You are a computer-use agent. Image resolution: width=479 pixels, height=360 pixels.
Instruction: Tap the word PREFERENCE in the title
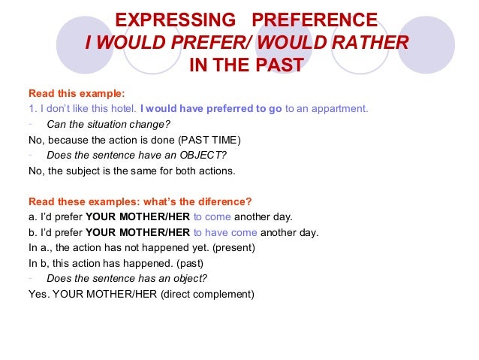(315, 20)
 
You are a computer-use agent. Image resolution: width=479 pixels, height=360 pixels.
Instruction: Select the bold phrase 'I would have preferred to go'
(211, 108)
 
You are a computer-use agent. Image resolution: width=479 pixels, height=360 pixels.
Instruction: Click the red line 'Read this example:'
(76, 94)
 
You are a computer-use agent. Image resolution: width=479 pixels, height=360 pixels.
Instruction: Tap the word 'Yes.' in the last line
(38, 294)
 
